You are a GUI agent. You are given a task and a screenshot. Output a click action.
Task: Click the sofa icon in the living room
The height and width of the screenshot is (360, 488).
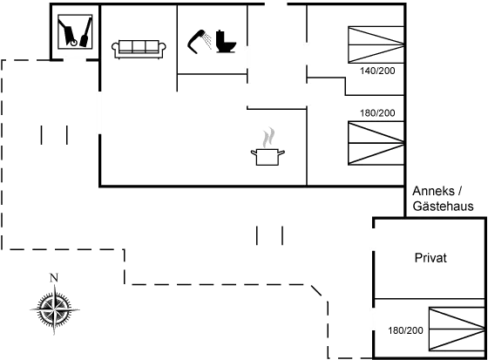(x=139, y=49)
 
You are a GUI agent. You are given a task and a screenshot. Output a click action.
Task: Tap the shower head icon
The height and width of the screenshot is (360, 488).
(x=199, y=41)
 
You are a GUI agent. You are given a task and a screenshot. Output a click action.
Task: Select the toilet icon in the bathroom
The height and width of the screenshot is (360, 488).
(x=226, y=41)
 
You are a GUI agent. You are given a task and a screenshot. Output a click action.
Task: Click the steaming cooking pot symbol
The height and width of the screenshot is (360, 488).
(x=268, y=146)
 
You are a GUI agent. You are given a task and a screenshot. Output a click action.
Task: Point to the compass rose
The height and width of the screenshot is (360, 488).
(x=54, y=309)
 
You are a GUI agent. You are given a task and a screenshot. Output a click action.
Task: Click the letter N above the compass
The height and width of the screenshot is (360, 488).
(x=54, y=277)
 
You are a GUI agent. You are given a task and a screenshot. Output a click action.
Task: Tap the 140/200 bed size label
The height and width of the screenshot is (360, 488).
(x=377, y=71)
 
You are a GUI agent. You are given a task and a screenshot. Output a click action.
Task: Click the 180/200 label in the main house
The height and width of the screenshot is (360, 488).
(x=377, y=112)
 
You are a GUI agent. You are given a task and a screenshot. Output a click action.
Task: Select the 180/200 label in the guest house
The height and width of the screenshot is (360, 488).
(x=405, y=330)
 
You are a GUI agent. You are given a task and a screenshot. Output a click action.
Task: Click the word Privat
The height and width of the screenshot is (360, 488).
(x=430, y=258)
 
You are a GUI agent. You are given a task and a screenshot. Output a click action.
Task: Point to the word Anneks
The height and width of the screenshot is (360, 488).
(x=434, y=191)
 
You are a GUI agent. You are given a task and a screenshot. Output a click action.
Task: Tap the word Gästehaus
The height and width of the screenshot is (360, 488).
(x=443, y=207)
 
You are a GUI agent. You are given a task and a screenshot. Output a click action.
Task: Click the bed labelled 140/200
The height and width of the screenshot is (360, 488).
(x=376, y=44)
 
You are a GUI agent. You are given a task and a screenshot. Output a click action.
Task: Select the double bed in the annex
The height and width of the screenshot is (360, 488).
(x=457, y=329)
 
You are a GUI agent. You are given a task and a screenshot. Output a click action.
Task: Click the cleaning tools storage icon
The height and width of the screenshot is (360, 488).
(x=75, y=31)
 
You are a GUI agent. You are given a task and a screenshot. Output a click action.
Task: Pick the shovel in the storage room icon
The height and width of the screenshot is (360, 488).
(x=86, y=32)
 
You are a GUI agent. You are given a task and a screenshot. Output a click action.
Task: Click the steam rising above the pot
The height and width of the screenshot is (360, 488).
(x=268, y=138)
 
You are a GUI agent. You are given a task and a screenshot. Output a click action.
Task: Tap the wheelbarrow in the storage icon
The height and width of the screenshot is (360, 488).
(x=68, y=33)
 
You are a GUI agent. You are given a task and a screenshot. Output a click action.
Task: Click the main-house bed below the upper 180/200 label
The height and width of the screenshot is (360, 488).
(x=376, y=143)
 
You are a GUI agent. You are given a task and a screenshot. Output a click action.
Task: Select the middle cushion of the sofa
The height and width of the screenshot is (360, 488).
(x=139, y=46)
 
